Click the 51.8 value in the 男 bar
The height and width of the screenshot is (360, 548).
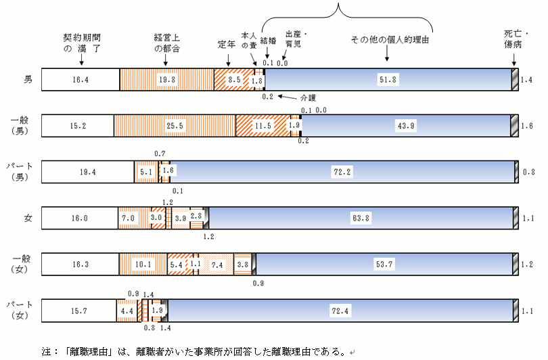click(388, 80)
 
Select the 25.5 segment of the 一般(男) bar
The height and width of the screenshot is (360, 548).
click(175, 126)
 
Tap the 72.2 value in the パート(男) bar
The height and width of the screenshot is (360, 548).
click(342, 172)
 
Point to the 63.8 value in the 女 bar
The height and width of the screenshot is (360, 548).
click(361, 218)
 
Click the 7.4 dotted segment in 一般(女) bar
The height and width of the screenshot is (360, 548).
click(216, 265)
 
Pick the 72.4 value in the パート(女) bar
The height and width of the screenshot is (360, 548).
click(340, 311)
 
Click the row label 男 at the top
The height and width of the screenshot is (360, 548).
click(28, 80)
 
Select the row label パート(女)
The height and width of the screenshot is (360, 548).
click(20, 310)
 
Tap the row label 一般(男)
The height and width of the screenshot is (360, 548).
click(20, 126)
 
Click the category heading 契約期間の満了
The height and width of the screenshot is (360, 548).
click(82, 43)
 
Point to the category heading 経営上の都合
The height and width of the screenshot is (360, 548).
click(167, 43)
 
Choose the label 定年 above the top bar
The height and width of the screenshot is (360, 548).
click(227, 45)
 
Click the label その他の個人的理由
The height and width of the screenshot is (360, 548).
click(390, 40)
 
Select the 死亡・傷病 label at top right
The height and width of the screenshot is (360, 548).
click(516, 39)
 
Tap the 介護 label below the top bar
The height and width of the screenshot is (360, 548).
click(308, 98)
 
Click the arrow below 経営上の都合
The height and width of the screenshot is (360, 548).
click(166, 60)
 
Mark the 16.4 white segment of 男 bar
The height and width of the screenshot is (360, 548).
click(81, 80)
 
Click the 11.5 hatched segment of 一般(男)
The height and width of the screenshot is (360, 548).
click(263, 126)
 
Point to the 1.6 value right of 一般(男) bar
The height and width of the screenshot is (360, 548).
click(526, 126)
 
